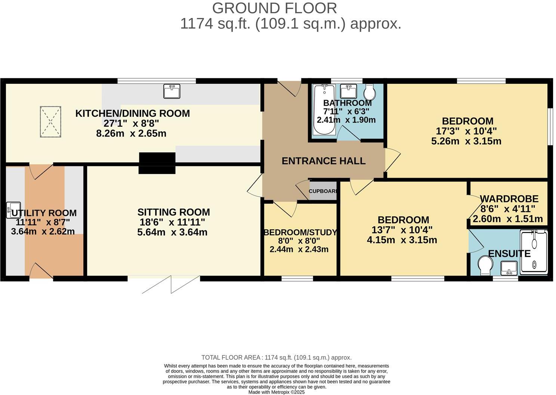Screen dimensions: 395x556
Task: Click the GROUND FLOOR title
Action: click(x=274, y=8)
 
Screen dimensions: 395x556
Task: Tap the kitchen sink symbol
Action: click(x=172, y=91)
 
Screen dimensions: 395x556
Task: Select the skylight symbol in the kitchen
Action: click(x=50, y=122)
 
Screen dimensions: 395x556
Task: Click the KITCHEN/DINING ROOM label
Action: click(x=132, y=113)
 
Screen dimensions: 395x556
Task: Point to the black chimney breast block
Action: click(x=157, y=163)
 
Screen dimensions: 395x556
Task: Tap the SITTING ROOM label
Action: click(x=173, y=212)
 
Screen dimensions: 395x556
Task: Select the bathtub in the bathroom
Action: click(x=324, y=109)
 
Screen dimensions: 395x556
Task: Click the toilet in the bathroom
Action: click(x=370, y=91)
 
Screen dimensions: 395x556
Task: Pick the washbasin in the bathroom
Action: click(x=349, y=91)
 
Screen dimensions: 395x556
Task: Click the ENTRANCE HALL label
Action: click(x=323, y=161)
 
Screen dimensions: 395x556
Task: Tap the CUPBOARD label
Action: click(x=323, y=191)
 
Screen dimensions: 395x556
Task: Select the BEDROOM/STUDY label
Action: click(x=300, y=232)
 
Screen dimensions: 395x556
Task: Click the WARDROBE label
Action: click(x=509, y=199)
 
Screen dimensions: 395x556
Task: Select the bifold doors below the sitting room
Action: click(x=171, y=285)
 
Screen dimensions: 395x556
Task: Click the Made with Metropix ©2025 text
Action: click(x=277, y=392)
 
